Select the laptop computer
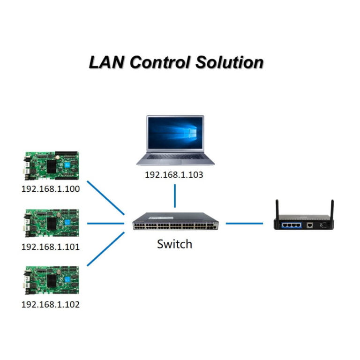(175, 140)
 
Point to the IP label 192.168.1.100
(51, 190)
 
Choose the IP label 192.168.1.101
(51, 247)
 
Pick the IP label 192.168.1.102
(51, 304)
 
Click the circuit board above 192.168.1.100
(51, 167)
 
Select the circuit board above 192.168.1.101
(51, 223)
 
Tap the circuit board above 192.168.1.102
(51, 281)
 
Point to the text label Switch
(174, 244)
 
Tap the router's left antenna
(277, 207)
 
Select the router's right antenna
(332, 207)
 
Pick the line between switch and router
(244, 223)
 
